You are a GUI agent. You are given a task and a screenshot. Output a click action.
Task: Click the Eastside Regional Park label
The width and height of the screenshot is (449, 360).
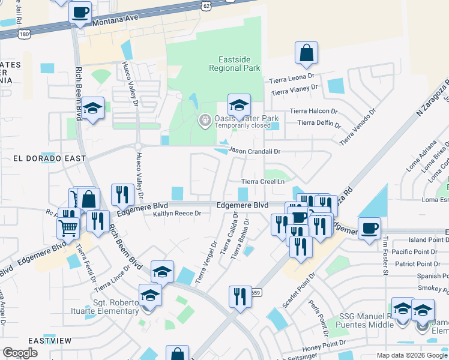pyautogui.click(x=235, y=64)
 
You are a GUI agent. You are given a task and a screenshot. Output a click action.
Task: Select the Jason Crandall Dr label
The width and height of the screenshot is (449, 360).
pyautogui.click(x=255, y=152)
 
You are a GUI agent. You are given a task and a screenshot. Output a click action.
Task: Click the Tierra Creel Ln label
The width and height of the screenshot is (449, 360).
pyautogui.click(x=262, y=181)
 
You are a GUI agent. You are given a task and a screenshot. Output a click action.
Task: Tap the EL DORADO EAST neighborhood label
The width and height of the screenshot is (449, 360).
pyautogui.click(x=50, y=158)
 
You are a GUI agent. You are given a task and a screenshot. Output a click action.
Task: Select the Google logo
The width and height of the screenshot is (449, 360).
pyautogui.click(x=19, y=353)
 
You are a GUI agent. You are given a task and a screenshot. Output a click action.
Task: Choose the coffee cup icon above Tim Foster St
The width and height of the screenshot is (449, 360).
pyautogui.click(x=369, y=228)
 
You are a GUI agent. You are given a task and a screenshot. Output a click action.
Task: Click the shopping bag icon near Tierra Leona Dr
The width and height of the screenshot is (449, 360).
pyautogui.click(x=306, y=53)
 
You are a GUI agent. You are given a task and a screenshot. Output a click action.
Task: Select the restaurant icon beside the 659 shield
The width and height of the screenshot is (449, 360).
pyautogui.click(x=240, y=296)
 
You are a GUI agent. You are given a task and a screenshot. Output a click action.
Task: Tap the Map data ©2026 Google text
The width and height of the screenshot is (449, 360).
pyautogui.click(x=412, y=355)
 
